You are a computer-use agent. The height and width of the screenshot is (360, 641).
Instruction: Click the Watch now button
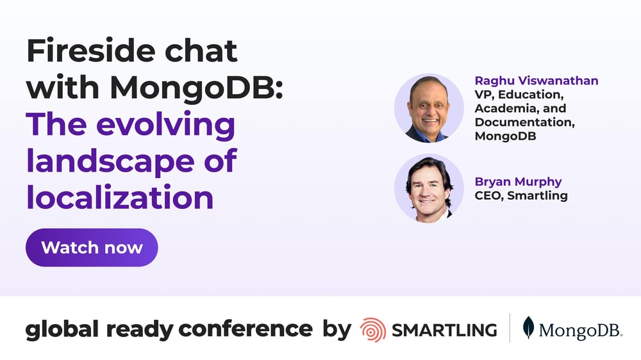point(92,247)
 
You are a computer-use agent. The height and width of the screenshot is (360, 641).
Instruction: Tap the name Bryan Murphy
point(518,183)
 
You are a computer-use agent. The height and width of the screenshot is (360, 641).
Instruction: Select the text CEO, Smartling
point(521,195)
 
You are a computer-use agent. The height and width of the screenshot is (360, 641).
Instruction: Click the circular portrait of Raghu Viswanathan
point(428,108)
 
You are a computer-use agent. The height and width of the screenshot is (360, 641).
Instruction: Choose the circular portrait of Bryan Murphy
point(428,188)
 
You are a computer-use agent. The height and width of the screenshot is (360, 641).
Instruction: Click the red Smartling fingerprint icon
point(372,330)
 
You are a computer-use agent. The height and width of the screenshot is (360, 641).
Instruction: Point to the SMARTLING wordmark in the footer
point(444,330)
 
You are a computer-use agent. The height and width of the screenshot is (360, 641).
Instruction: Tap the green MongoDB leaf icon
point(528,327)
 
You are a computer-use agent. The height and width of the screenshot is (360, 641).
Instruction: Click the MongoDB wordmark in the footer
point(580,331)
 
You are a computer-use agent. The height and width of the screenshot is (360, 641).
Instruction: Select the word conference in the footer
point(246,329)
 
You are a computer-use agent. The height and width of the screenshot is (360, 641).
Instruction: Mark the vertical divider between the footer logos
point(510,328)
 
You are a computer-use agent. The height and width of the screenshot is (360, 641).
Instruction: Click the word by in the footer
point(337,330)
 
